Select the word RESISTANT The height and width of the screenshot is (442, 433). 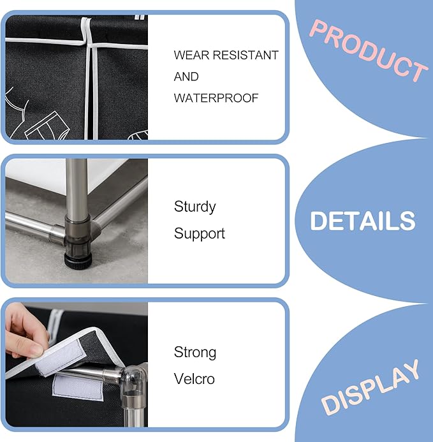[246, 55]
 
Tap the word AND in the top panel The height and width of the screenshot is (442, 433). [186, 77]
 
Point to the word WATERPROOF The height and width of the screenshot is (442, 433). [216, 98]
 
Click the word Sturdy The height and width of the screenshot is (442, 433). [194, 207]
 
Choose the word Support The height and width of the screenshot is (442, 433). [200, 233]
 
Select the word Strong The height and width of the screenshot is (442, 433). [195, 353]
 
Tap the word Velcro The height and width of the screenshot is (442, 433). [194, 379]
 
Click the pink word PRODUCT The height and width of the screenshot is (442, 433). [369, 51]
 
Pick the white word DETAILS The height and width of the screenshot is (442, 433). [363, 221]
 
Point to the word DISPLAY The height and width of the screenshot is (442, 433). [370, 387]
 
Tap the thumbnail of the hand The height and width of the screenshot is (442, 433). [36, 351]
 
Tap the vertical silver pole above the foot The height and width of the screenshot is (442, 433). [77, 187]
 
